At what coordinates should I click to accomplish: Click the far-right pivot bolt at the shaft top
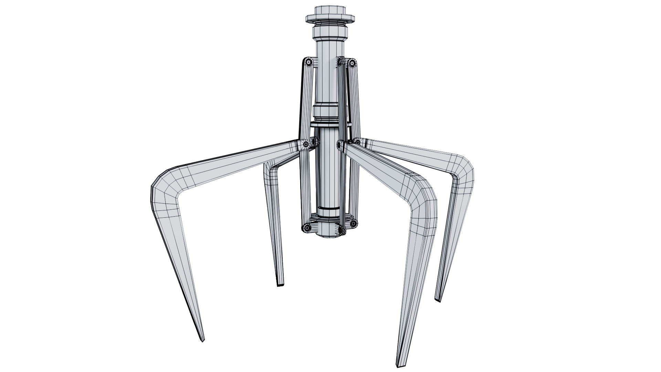point(352,63)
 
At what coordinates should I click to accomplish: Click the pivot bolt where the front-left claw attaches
point(306,145)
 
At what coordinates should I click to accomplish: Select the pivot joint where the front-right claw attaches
point(341,146)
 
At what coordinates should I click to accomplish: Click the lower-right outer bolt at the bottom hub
point(354,224)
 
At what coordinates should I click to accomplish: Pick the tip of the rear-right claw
point(438,300)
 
